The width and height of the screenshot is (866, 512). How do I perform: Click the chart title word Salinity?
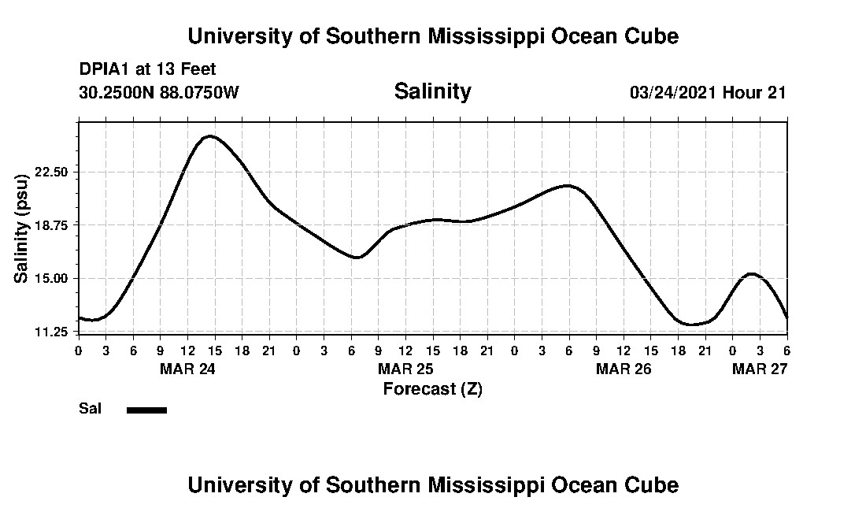coord(432,91)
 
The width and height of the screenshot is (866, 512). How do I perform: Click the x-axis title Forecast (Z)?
coord(432,388)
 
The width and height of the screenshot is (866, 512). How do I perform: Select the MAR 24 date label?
coord(187,368)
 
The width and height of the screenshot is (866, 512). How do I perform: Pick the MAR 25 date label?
coord(405,368)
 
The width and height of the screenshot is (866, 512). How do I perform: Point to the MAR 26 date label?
coord(624,368)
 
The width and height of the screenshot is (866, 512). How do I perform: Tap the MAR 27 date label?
coord(760,368)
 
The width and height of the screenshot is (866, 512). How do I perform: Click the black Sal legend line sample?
coord(146,410)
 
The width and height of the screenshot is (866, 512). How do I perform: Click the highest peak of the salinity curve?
coord(209,136)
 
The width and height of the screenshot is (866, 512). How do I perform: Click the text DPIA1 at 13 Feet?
coord(147,69)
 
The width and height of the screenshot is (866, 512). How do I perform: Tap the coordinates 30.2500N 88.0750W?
coord(158,92)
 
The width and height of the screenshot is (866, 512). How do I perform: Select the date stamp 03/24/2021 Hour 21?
coord(708,92)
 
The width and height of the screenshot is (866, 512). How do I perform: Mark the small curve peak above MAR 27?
coord(751,274)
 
